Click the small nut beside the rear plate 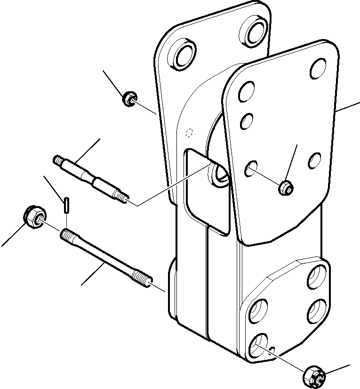127,99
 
